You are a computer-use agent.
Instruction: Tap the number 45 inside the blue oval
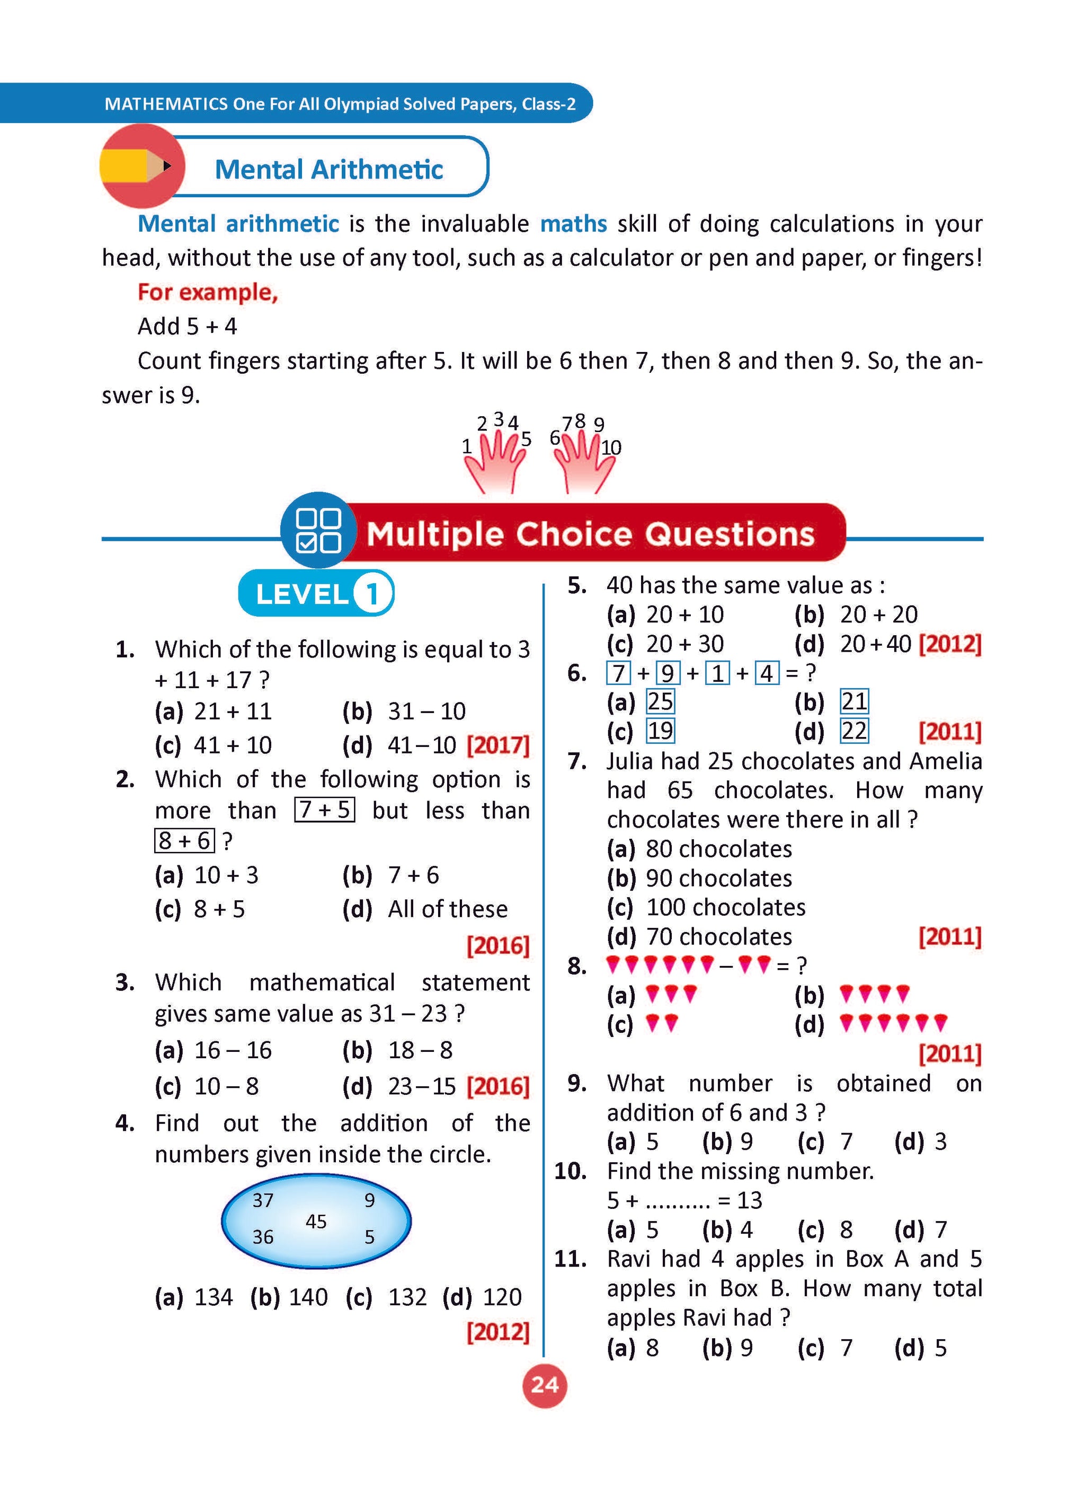click(316, 1222)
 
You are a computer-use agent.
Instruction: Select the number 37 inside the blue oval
click(263, 1201)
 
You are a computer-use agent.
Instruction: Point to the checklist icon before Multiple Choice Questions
click(318, 530)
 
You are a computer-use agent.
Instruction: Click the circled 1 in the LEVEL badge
click(372, 594)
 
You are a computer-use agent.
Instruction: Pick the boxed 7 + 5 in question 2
click(325, 810)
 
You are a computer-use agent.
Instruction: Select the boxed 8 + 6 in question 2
click(185, 841)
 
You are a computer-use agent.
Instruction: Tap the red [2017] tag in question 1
click(498, 745)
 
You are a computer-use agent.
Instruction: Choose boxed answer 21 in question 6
click(854, 702)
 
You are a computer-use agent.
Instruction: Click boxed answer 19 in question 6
click(661, 731)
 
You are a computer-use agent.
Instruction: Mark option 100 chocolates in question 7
click(725, 908)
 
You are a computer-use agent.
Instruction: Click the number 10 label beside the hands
click(611, 447)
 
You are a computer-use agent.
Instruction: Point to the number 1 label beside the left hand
click(467, 447)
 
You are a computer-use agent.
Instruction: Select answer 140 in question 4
click(308, 1297)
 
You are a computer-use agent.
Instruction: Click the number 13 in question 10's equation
click(750, 1201)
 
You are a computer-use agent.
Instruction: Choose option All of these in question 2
click(448, 909)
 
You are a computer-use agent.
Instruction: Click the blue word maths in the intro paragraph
click(573, 224)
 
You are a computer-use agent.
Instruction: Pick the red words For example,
click(208, 292)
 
